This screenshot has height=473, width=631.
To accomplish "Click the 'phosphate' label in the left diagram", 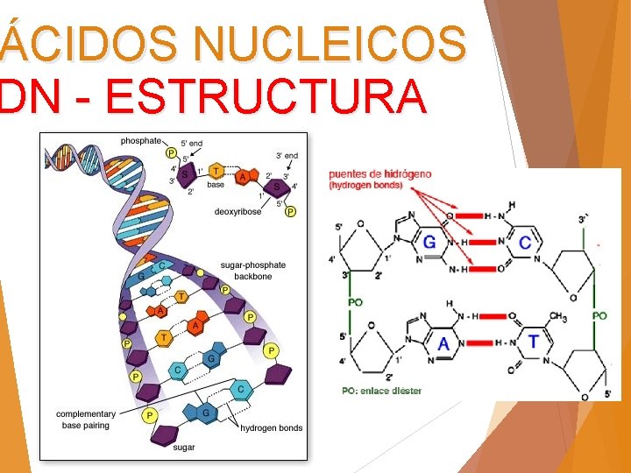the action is [x=141, y=140].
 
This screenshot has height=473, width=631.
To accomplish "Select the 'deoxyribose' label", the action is [x=238, y=211].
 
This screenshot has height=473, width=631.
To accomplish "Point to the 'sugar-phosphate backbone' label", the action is [x=252, y=271].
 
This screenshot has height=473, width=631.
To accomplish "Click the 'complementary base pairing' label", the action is [x=86, y=420].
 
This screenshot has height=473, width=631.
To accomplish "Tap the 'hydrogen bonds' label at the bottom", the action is [x=272, y=427].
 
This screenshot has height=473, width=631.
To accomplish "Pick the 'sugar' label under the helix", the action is [x=184, y=446].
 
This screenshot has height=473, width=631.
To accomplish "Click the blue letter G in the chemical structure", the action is [x=429, y=242].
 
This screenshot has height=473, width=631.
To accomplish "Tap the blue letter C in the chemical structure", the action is [x=525, y=242].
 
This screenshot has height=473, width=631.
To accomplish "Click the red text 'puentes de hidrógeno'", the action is [x=380, y=173].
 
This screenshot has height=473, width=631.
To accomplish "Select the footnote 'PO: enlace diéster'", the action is [x=381, y=391].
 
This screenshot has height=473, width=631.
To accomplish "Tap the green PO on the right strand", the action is [x=599, y=315].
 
